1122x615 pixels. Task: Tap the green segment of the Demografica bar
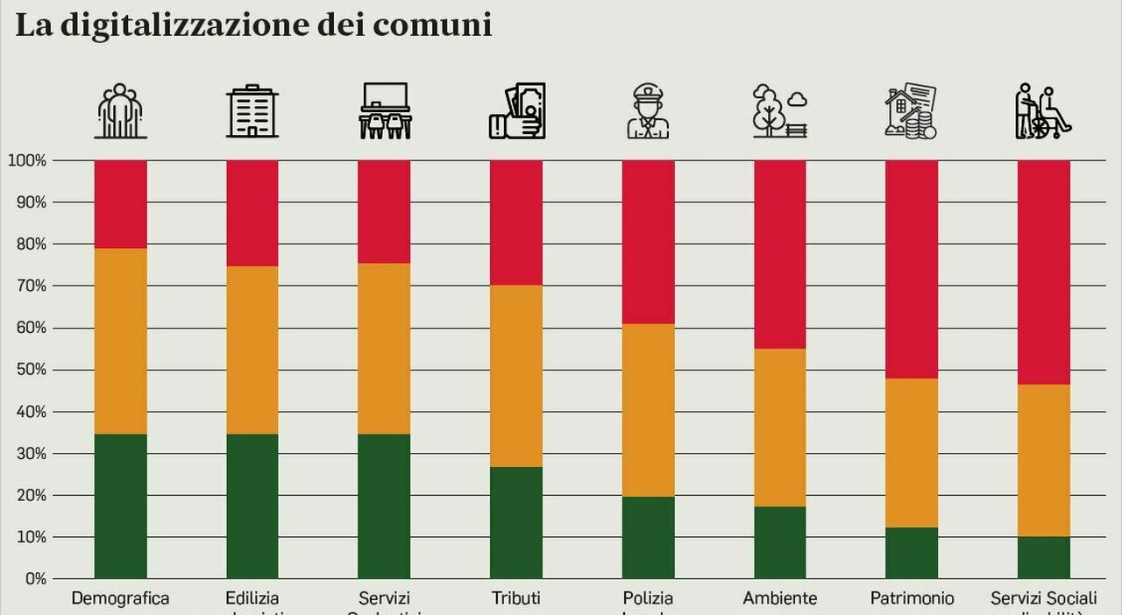click(121, 505)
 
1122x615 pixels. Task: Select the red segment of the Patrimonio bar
click(912, 269)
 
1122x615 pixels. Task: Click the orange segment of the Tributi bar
click(516, 376)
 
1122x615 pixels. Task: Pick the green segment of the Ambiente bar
click(780, 542)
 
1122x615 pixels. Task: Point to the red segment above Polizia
click(649, 242)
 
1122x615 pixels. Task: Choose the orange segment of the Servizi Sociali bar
click(1043, 461)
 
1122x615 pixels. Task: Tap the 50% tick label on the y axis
click(30, 370)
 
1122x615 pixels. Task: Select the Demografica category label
click(120, 599)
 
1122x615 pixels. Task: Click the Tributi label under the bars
click(516, 599)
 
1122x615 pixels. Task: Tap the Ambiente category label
click(780, 599)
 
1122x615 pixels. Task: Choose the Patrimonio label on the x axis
click(912, 599)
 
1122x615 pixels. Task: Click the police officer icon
click(649, 111)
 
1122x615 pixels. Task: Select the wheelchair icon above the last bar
click(1043, 111)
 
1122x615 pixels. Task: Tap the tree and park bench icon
click(780, 111)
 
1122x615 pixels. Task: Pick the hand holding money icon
click(517, 111)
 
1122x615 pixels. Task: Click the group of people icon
click(121, 111)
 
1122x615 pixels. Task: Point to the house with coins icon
click(912, 111)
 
